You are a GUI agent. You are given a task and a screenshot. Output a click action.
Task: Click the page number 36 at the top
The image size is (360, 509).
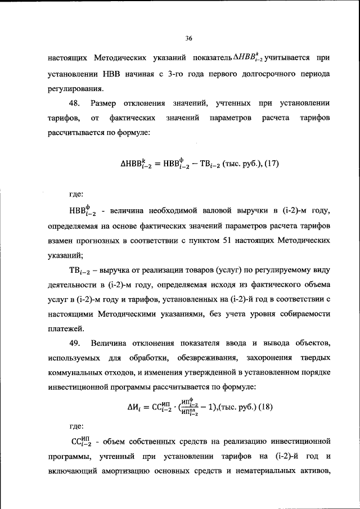[x=188, y=38]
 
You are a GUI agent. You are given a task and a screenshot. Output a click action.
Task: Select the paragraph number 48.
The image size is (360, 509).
[x=76, y=103]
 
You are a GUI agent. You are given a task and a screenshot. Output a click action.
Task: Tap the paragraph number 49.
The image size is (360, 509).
[x=76, y=343]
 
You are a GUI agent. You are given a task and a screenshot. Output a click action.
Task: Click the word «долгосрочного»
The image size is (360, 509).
[x=272, y=74]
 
